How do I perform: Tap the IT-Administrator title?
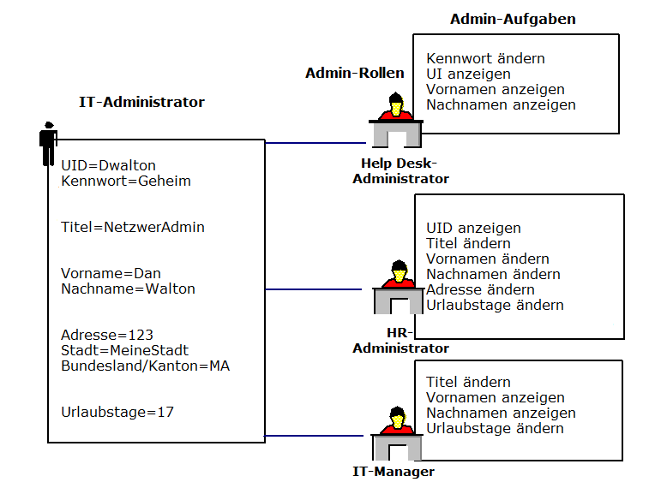pyautogui.click(x=141, y=103)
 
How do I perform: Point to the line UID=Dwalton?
pyautogui.click(x=109, y=166)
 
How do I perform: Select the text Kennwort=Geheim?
pyautogui.click(x=126, y=181)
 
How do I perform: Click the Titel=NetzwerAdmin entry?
pyautogui.click(x=133, y=228)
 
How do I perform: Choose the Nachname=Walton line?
pyautogui.click(x=128, y=289)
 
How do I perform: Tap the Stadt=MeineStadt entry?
pyautogui.click(x=124, y=350)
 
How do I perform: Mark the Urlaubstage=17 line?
pyautogui.click(x=117, y=412)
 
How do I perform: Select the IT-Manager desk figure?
pyautogui.click(x=395, y=437)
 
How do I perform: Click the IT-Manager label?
pyautogui.click(x=394, y=472)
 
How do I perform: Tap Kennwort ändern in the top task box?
pyautogui.click(x=485, y=59)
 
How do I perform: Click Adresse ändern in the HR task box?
pyautogui.click(x=480, y=290)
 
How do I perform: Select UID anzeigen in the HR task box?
pyautogui.click(x=473, y=229)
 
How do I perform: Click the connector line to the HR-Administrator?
pyautogui.click(x=314, y=289)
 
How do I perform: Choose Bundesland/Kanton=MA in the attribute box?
pyautogui.click(x=145, y=366)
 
